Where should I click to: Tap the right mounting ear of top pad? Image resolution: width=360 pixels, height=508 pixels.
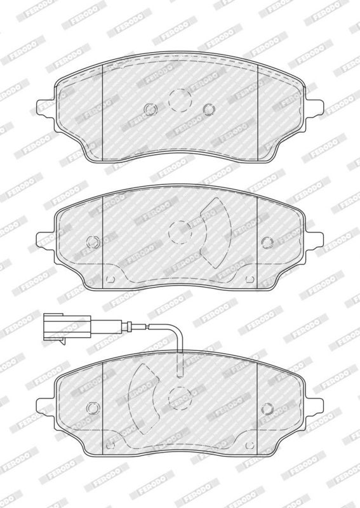point(314,107)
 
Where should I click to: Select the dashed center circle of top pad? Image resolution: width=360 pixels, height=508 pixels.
point(180,100)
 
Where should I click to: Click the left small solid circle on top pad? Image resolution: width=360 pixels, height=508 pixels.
point(150,109)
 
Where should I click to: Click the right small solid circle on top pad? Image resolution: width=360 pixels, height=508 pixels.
point(209,109)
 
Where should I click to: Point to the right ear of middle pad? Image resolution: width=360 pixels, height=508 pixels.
point(314,241)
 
